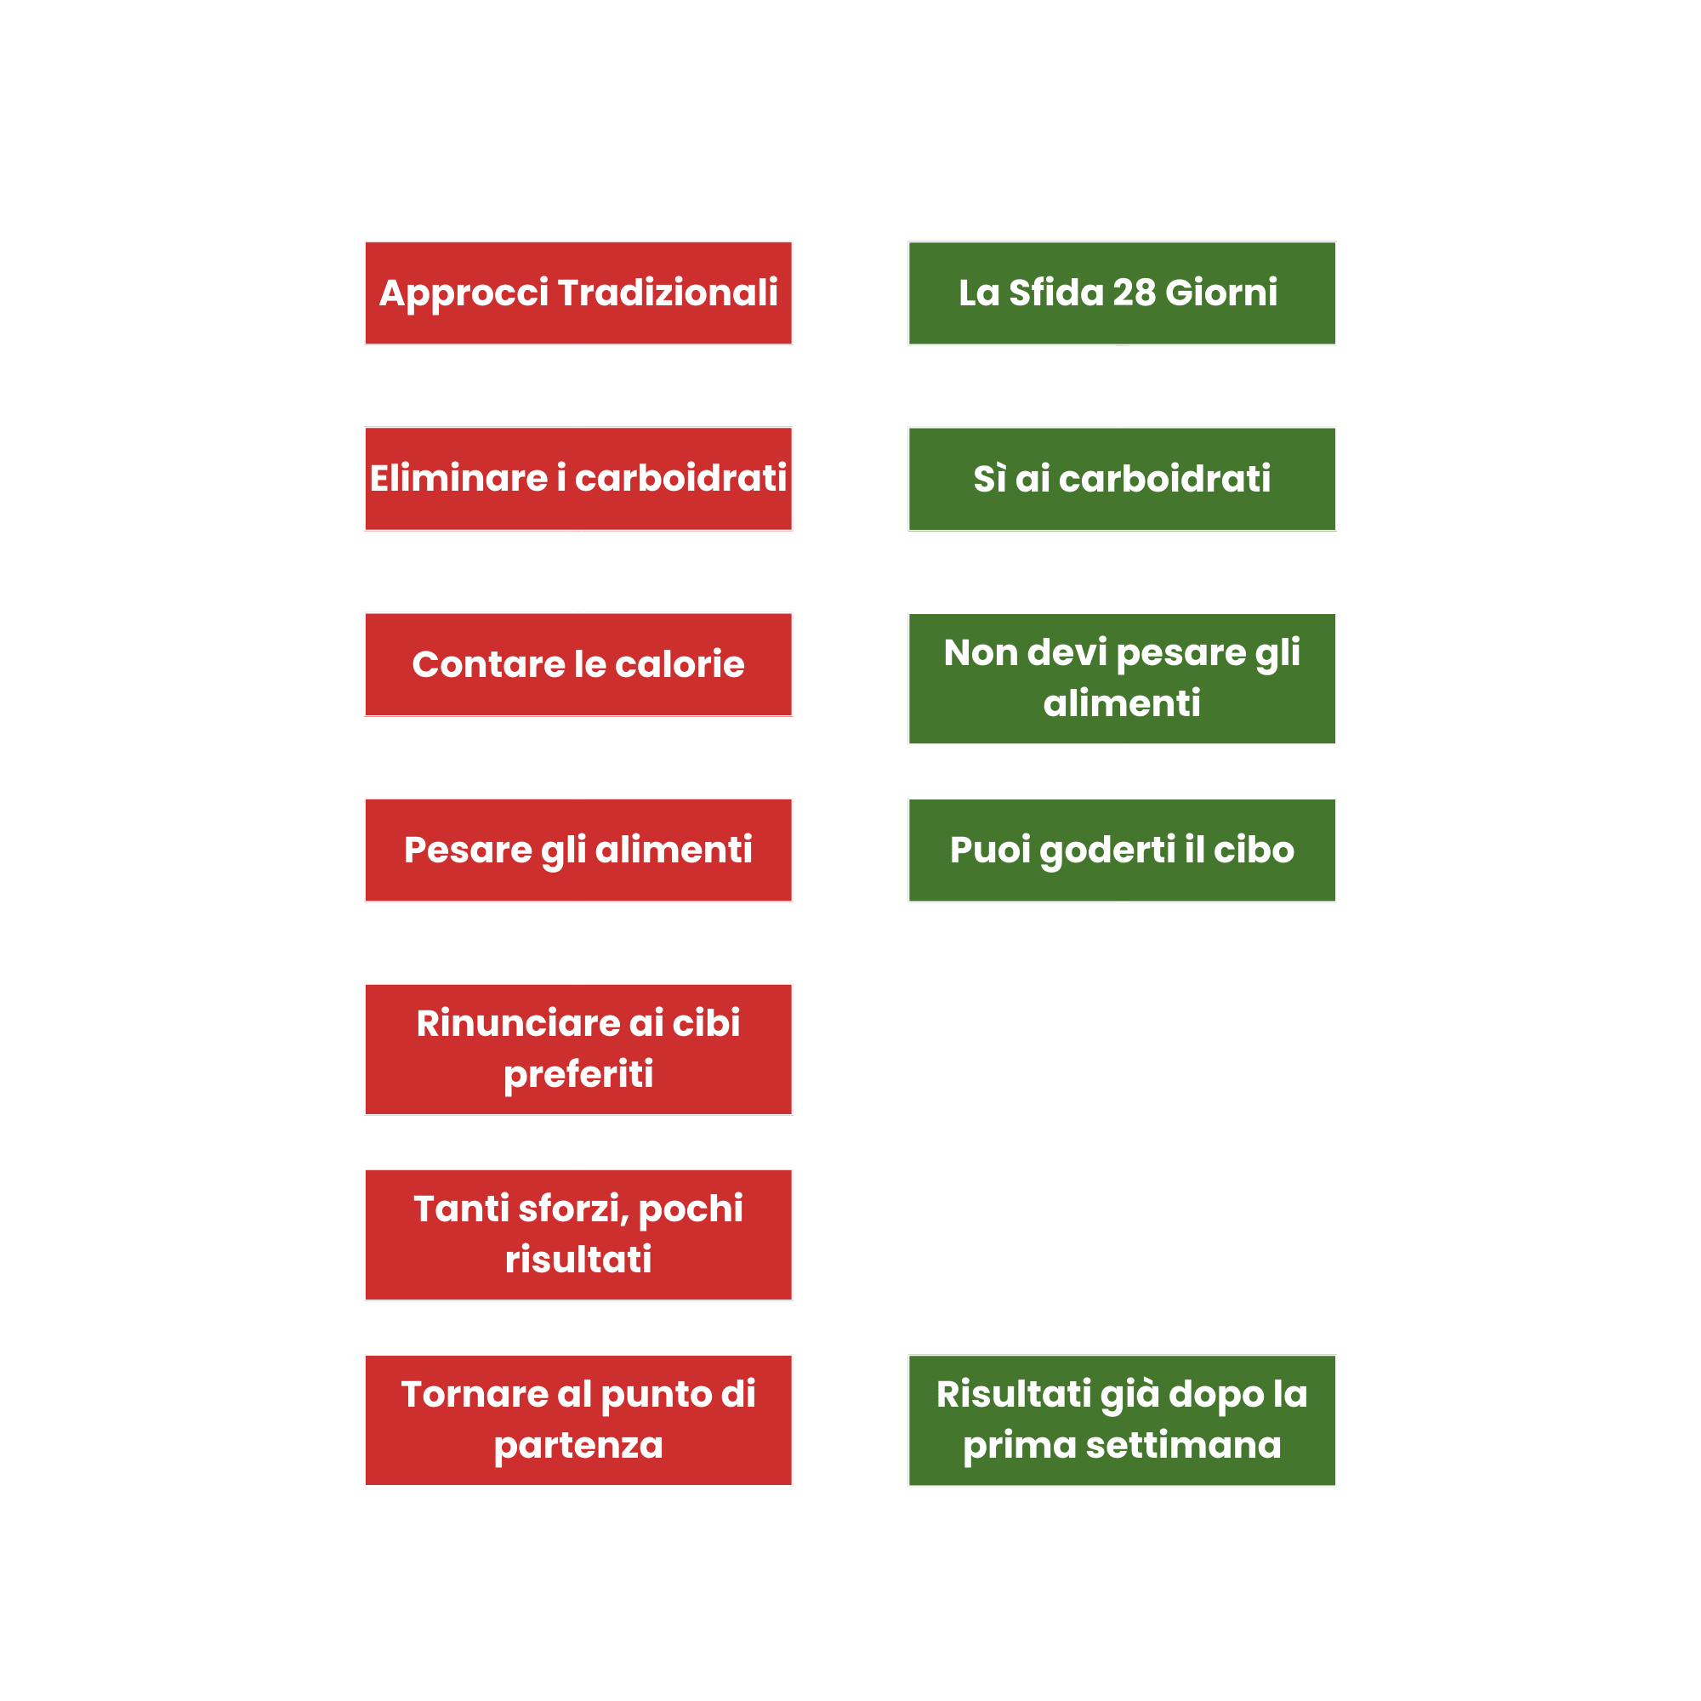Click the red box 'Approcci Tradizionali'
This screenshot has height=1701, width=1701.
tap(578, 293)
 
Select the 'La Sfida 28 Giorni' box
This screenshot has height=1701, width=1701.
tap(1122, 293)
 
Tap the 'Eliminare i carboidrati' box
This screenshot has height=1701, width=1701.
tap(578, 478)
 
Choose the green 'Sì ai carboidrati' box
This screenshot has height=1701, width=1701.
tap(1122, 479)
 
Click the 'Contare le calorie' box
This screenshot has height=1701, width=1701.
tap(578, 664)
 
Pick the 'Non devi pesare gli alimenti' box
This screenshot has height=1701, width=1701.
tap(1122, 678)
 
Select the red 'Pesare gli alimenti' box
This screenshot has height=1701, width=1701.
tap(578, 850)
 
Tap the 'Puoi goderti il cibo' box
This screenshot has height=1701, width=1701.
tap(1122, 850)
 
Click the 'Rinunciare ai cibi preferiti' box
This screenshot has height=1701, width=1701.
tap(578, 1049)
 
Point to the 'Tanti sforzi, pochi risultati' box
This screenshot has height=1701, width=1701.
tap(578, 1233)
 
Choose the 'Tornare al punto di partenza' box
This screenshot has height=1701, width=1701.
tap(578, 1419)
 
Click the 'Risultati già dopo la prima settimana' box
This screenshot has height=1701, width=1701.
tap(1122, 1420)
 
